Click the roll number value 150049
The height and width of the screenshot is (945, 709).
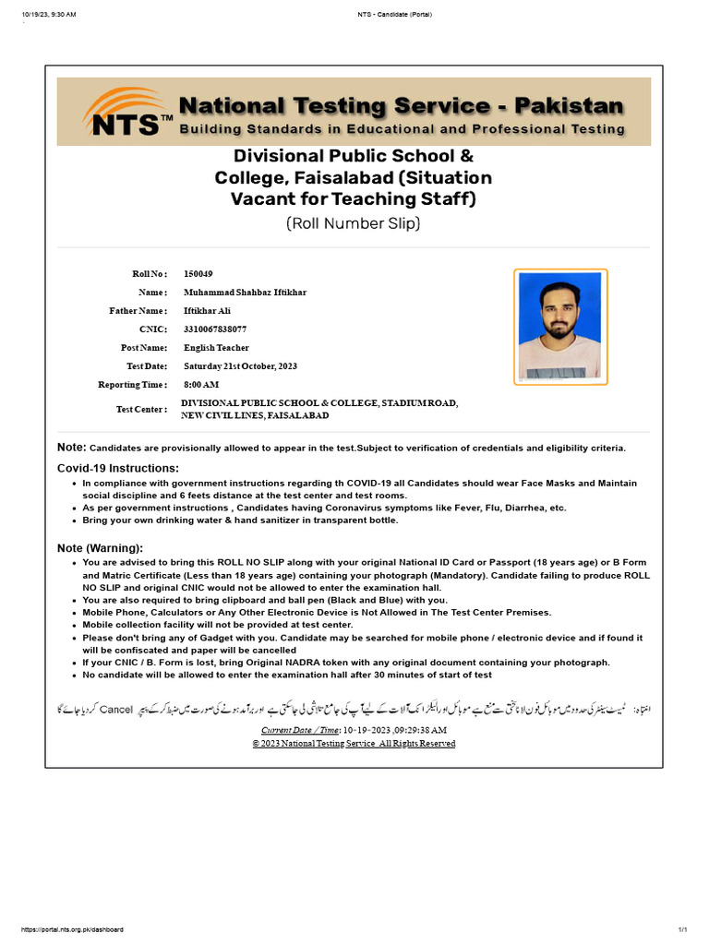198,274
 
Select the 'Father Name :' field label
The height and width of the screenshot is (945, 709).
138,311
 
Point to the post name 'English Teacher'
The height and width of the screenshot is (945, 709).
216,348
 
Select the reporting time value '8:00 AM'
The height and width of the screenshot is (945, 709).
201,385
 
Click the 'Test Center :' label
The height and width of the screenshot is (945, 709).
141,409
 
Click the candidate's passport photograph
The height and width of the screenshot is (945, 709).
559,327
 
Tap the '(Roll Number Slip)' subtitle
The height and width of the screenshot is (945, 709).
354,223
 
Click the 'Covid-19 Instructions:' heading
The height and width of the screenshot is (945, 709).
118,469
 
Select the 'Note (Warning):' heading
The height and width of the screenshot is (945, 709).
100,548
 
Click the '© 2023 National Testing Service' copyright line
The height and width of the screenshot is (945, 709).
354,744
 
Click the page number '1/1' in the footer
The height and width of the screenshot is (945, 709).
683,929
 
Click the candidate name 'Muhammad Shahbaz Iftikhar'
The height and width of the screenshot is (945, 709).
245,293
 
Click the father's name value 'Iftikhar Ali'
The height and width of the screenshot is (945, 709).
208,311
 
